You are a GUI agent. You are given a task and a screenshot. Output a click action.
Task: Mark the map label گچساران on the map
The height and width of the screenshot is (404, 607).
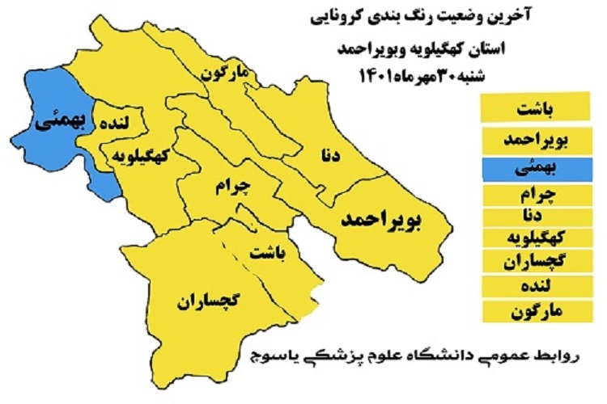tap(207, 301)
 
